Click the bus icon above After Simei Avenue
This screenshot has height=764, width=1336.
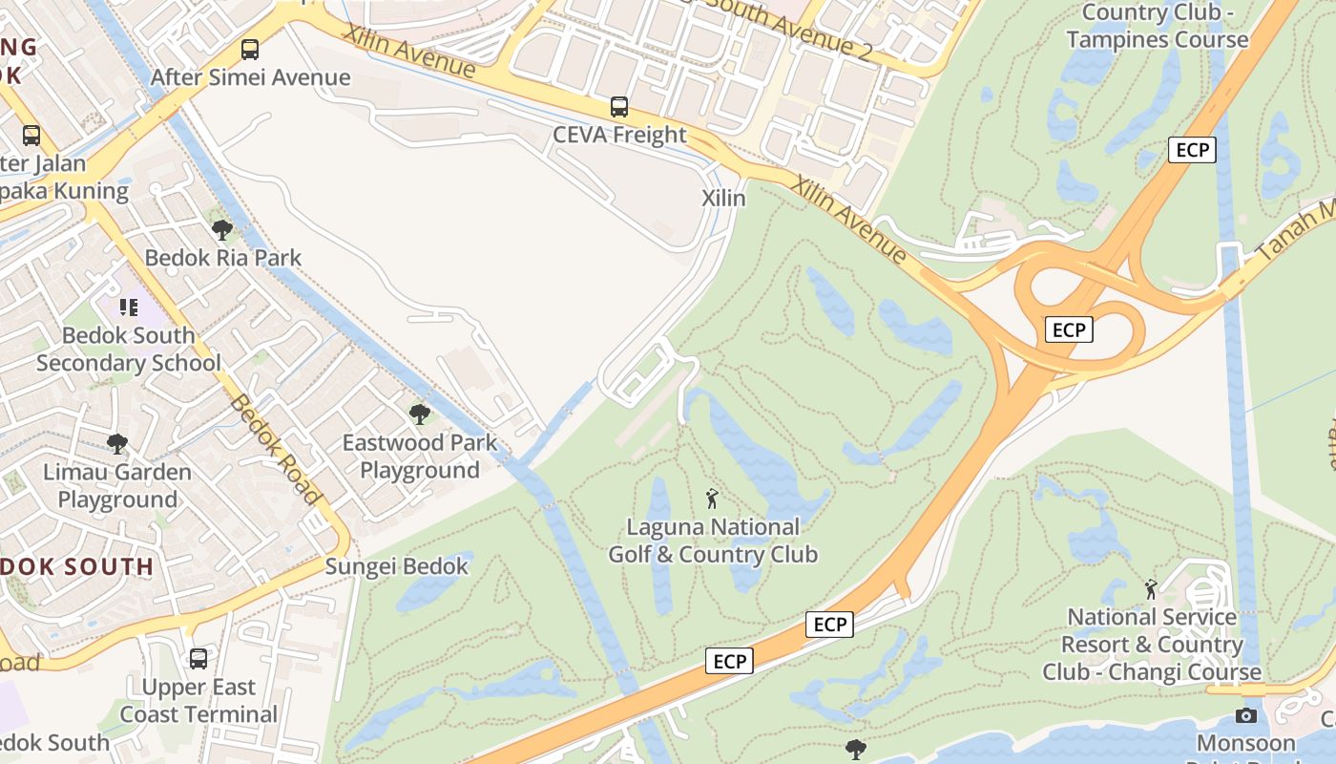pyautogui.click(x=250, y=49)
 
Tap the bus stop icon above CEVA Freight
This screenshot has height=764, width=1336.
pyautogui.click(x=619, y=106)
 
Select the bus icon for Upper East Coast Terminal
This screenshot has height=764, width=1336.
pyautogui.click(x=198, y=658)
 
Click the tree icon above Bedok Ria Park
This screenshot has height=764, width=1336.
pyautogui.click(x=222, y=229)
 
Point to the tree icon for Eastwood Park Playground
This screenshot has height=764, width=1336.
pyautogui.click(x=419, y=414)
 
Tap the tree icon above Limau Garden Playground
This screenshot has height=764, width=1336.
pyautogui.click(x=117, y=443)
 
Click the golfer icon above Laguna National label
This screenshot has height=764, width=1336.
pyautogui.click(x=712, y=498)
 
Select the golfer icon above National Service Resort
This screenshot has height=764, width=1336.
pyautogui.click(x=1151, y=588)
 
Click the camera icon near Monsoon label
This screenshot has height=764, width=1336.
pyautogui.click(x=1245, y=715)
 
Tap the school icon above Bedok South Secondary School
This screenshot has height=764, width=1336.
pyautogui.click(x=129, y=308)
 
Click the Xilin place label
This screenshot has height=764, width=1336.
pyautogui.click(x=723, y=198)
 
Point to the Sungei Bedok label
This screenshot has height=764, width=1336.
pyautogui.click(x=397, y=566)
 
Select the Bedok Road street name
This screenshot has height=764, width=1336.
pyautogui.click(x=274, y=448)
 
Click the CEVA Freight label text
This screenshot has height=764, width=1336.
pyautogui.click(x=619, y=135)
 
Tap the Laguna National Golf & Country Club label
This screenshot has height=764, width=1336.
pyautogui.click(x=713, y=541)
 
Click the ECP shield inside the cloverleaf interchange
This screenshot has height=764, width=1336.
pyautogui.click(x=1069, y=329)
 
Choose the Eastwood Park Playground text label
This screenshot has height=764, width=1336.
pyautogui.click(x=420, y=456)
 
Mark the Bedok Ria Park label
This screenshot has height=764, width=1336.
pyautogui.click(x=222, y=258)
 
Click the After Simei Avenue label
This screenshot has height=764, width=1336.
pyautogui.click(x=250, y=77)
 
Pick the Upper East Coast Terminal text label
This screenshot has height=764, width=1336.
pyautogui.click(x=198, y=700)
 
